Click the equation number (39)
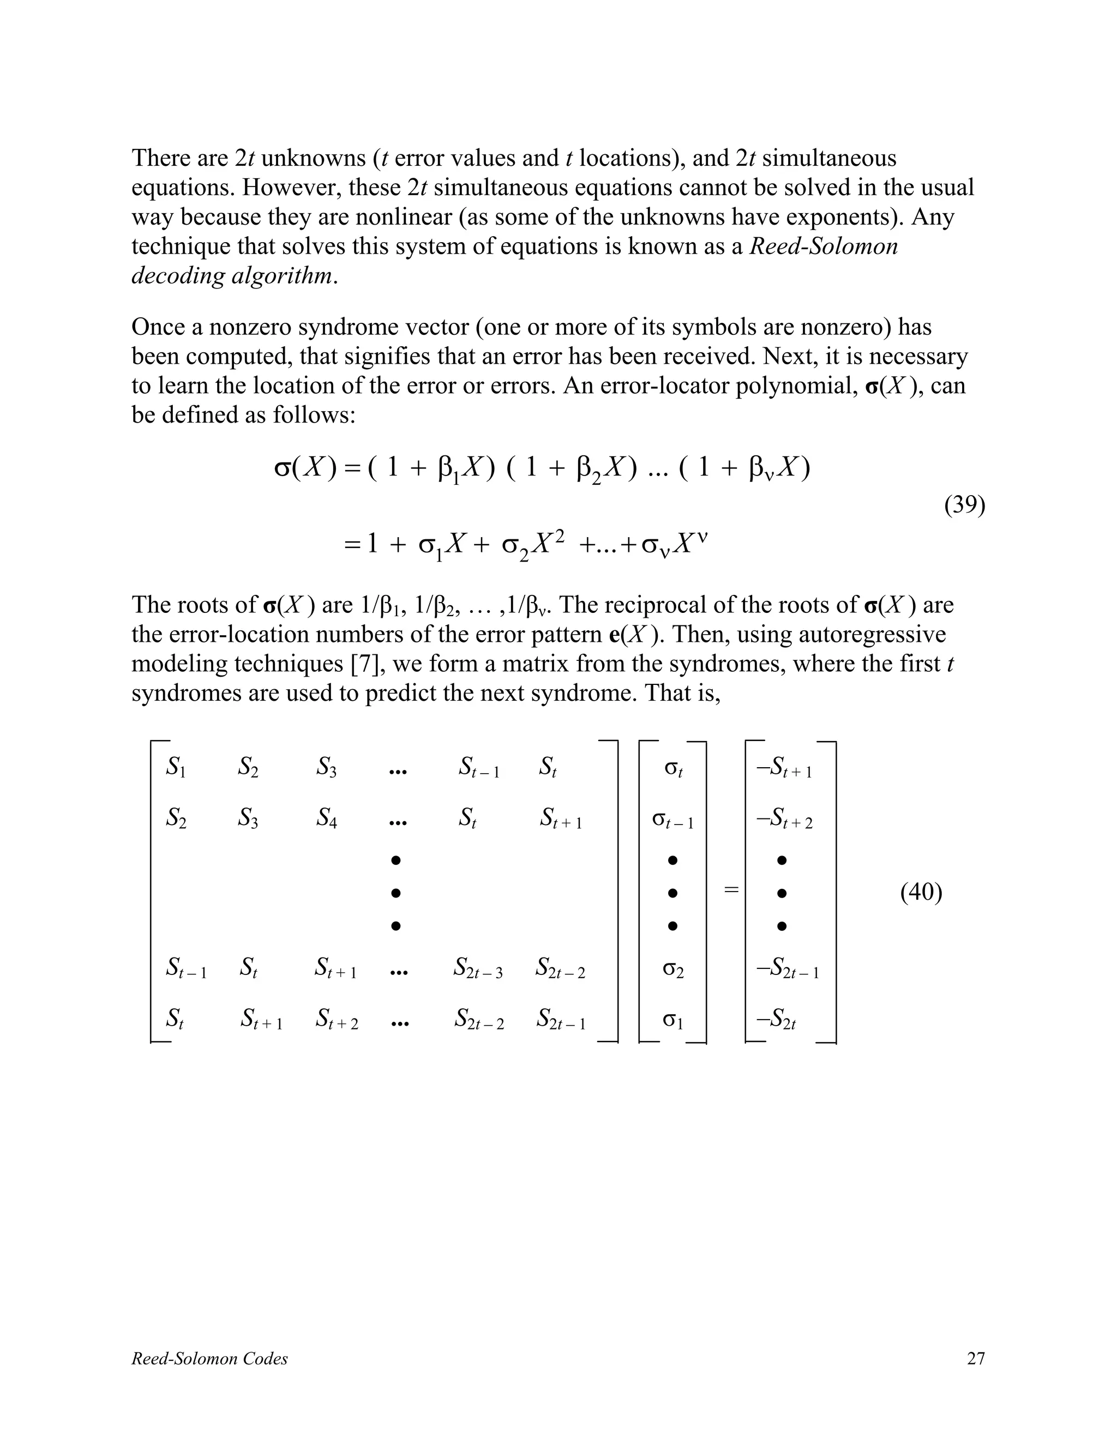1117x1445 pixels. pyautogui.click(x=964, y=505)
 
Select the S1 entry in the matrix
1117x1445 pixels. pyautogui.click(x=176, y=768)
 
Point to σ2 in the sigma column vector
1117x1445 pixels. pyautogui.click(x=673, y=970)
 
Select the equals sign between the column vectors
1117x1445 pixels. pyautogui.click(x=730, y=890)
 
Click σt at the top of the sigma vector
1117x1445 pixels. pyautogui.click(x=673, y=768)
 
